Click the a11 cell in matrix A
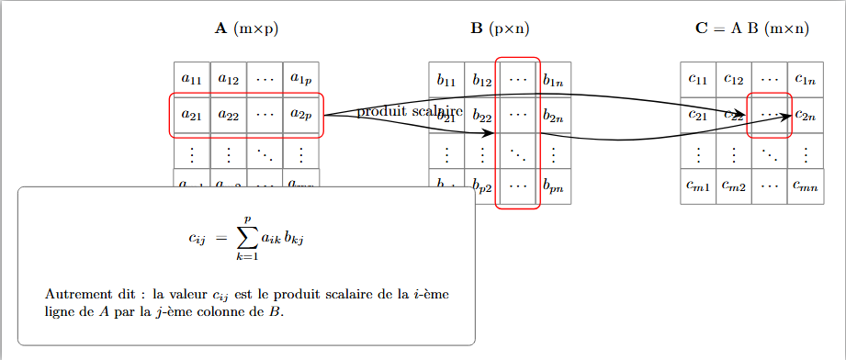[192, 79]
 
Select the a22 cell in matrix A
[228, 115]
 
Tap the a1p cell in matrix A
[300, 79]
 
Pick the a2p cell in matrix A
[300, 115]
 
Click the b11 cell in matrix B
[446, 80]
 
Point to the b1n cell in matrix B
[554, 80]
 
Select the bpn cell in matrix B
[554, 187]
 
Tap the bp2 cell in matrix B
[482, 187]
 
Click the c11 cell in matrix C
[698, 79]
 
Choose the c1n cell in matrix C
[806, 79]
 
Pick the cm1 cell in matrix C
[698, 186]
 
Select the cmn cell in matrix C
[806, 186]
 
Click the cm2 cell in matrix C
[734, 186]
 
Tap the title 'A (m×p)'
[246, 28]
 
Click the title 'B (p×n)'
[501, 28]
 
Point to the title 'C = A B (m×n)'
[752, 28]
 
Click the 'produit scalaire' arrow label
[409, 112]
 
